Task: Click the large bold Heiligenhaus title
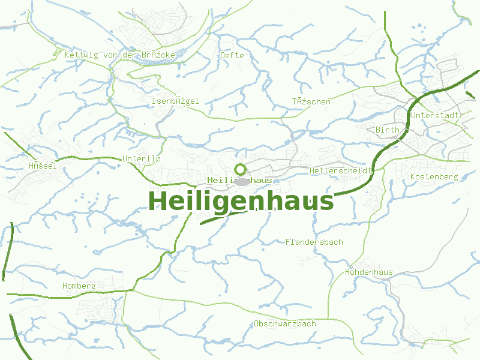(x=240, y=201)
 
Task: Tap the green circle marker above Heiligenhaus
(x=240, y=169)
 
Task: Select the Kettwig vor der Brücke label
(x=120, y=55)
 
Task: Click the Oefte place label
(x=232, y=55)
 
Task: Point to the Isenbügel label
(x=175, y=101)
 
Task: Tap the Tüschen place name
(x=311, y=101)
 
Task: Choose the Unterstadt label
(x=435, y=115)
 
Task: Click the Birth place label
(x=387, y=130)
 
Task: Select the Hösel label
(x=43, y=166)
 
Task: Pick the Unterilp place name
(x=142, y=158)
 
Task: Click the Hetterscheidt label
(x=341, y=171)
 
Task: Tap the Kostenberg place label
(x=434, y=176)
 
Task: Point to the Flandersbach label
(x=314, y=242)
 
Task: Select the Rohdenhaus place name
(x=368, y=272)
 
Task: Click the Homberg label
(x=79, y=286)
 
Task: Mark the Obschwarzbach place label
(x=284, y=323)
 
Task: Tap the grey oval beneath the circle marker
(x=241, y=181)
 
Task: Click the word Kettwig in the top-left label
(x=81, y=55)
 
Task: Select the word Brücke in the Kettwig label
(x=159, y=55)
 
